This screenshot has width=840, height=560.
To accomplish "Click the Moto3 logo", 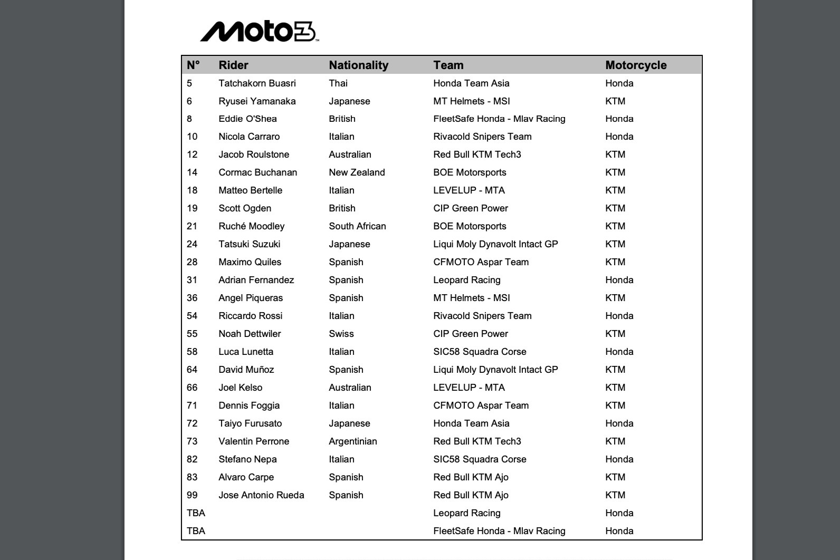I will [259, 32].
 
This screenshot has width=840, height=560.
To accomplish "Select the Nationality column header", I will [358, 65].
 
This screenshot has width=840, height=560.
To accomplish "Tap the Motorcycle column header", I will [636, 65].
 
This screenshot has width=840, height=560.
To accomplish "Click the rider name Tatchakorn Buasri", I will [257, 83].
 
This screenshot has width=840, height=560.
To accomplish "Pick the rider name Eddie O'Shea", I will [247, 119].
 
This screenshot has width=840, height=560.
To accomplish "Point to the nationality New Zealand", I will [357, 172].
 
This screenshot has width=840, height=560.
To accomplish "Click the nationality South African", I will [357, 226].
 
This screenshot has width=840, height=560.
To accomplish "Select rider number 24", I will [192, 244].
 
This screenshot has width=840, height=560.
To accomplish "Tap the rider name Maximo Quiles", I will [250, 262].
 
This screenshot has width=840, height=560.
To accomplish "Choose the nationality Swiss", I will [341, 334].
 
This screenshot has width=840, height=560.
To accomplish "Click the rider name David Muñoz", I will [246, 370].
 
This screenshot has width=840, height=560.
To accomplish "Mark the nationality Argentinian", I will [352, 441].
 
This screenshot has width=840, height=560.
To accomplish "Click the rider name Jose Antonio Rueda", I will [261, 495].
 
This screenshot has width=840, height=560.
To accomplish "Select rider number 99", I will [192, 495].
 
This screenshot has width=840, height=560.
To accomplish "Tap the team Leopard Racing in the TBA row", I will [466, 513].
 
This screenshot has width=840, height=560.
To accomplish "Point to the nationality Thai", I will [338, 83].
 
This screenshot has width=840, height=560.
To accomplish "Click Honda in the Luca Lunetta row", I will [619, 352].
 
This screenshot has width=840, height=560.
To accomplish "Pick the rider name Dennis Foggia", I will [249, 405].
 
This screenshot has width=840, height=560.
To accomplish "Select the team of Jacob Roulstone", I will [477, 155].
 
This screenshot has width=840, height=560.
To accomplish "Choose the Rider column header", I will [233, 65].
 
